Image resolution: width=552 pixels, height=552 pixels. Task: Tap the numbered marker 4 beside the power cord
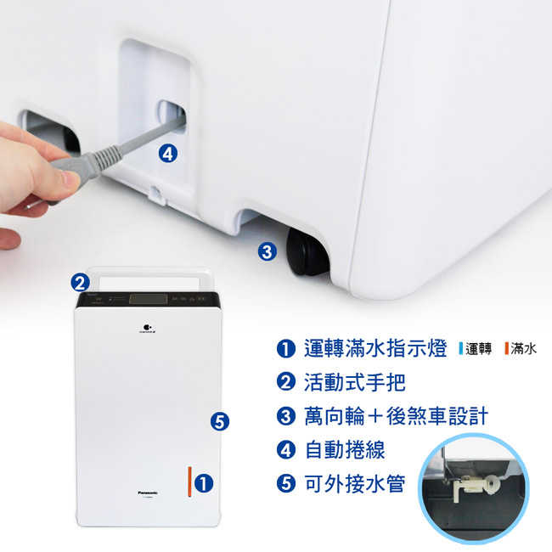tap(168, 154)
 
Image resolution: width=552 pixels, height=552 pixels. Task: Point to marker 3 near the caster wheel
tap(268, 251)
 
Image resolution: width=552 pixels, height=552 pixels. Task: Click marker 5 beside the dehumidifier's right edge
tap(219, 420)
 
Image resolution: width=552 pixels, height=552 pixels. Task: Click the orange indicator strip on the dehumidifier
tap(189, 482)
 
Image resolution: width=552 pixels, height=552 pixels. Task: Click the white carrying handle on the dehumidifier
tap(149, 277)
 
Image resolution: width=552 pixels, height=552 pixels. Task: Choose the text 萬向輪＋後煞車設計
tap(395, 416)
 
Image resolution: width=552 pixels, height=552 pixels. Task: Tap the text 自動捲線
tap(337, 450)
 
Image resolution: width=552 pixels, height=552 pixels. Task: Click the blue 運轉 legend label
tap(475, 349)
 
